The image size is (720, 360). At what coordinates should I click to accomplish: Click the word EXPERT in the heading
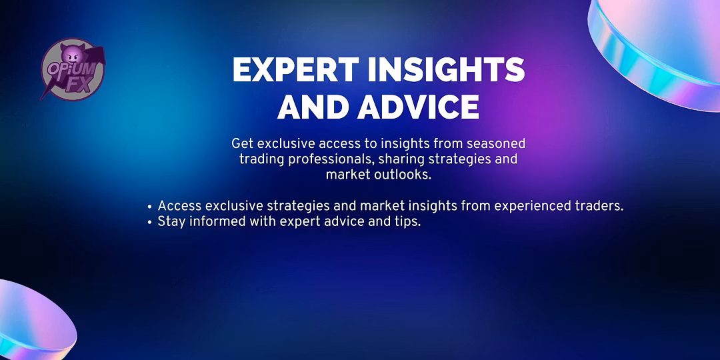point(296,70)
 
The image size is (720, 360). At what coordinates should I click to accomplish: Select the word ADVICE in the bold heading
point(418,107)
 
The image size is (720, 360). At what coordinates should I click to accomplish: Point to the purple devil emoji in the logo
point(73,55)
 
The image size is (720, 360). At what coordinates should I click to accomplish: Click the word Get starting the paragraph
point(243,144)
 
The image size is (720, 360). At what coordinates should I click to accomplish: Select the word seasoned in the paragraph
point(495,144)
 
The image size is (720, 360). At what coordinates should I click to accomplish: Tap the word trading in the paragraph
point(259,160)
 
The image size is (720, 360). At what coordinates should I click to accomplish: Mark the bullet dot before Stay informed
point(150,223)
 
